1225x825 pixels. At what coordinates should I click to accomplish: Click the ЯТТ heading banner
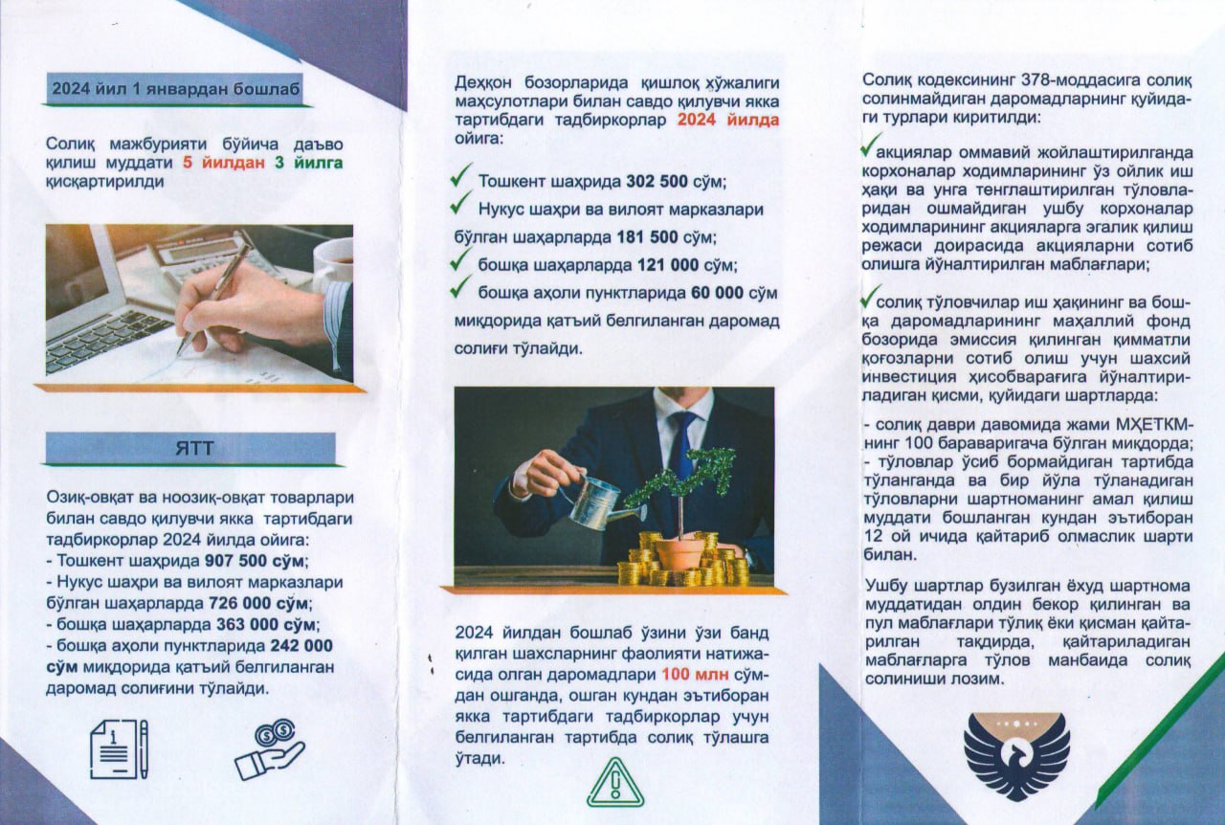click(x=190, y=449)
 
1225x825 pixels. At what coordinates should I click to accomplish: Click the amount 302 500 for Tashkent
click(x=657, y=182)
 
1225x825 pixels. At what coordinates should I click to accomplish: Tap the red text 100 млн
click(x=695, y=675)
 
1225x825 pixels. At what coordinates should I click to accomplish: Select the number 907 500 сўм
click(x=255, y=561)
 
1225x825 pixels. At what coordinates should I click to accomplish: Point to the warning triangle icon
click(x=615, y=783)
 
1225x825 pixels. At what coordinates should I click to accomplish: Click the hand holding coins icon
click(x=269, y=749)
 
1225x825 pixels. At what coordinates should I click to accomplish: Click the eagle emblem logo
click(x=1016, y=756)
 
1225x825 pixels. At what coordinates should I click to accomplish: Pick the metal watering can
click(x=598, y=503)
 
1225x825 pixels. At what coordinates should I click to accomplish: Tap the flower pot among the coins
click(x=679, y=553)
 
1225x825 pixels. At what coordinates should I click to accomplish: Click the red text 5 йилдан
click(x=224, y=163)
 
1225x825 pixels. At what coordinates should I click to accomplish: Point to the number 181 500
click(x=648, y=237)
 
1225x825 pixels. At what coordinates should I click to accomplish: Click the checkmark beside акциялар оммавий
click(x=871, y=145)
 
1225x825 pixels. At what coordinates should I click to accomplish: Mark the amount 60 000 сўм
click(x=734, y=293)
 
